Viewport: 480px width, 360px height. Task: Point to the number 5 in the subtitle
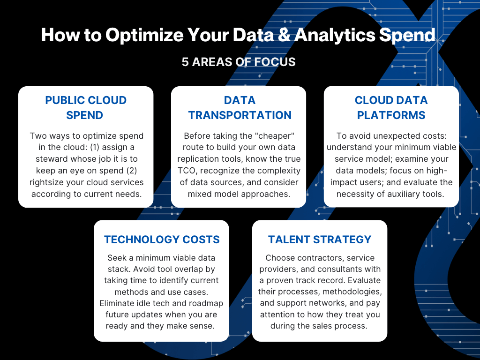(x=186, y=62)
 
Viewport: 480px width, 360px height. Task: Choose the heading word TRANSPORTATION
(x=240, y=115)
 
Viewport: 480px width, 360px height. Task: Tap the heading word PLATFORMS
(x=391, y=115)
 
